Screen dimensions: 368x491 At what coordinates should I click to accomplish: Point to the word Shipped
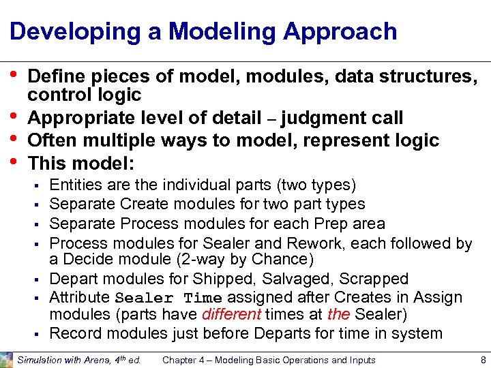click(218, 279)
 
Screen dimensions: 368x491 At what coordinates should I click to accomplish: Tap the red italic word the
click(339, 314)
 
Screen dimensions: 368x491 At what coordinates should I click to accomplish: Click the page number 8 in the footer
click(482, 360)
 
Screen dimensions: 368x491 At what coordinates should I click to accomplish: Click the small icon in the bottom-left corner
click(6, 359)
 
